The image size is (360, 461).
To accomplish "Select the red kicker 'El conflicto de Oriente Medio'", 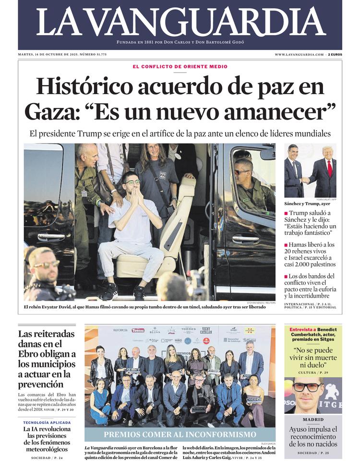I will [x=180, y=67].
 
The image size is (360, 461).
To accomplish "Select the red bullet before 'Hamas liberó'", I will [x=286, y=244].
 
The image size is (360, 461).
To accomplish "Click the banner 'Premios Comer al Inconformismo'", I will [x=180, y=434].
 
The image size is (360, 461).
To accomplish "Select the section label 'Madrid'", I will [x=313, y=419].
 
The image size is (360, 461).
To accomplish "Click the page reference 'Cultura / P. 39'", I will [x=313, y=372].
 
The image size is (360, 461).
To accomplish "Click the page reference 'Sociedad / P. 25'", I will [x=313, y=453].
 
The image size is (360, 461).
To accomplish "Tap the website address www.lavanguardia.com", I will [x=299, y=55].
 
